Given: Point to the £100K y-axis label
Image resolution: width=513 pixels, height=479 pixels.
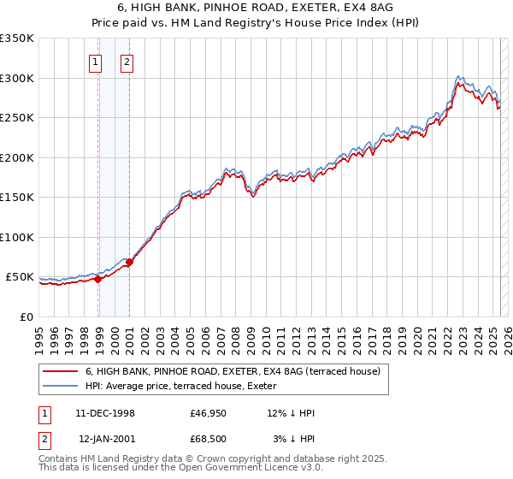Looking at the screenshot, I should pos(17,237).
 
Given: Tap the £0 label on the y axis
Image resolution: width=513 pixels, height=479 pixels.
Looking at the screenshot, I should pos(26,316).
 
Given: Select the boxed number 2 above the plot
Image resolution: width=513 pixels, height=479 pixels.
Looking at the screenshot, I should pos(126,62).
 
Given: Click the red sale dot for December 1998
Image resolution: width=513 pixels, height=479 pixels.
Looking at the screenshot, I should pos(97,279).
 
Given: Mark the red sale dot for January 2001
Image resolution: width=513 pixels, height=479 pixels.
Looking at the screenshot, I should pos(129,262).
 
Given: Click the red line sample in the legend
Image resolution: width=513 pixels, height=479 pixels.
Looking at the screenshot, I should pos(60,370).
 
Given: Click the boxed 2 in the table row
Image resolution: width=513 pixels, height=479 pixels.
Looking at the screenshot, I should pos(43,439).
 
